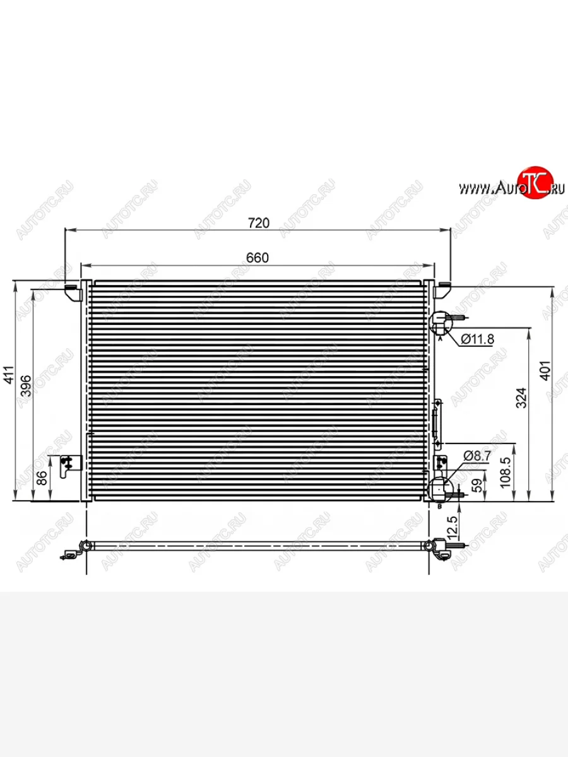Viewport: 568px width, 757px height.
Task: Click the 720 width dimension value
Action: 259,223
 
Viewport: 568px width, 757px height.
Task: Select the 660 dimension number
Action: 257,257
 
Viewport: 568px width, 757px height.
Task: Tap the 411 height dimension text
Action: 8,374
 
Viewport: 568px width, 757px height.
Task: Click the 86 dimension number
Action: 42,478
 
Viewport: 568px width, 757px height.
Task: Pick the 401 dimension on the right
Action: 545,371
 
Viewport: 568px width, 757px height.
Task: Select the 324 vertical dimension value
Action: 521,398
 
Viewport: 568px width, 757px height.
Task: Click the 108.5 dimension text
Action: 506,472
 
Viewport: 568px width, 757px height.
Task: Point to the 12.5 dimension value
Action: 453,528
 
